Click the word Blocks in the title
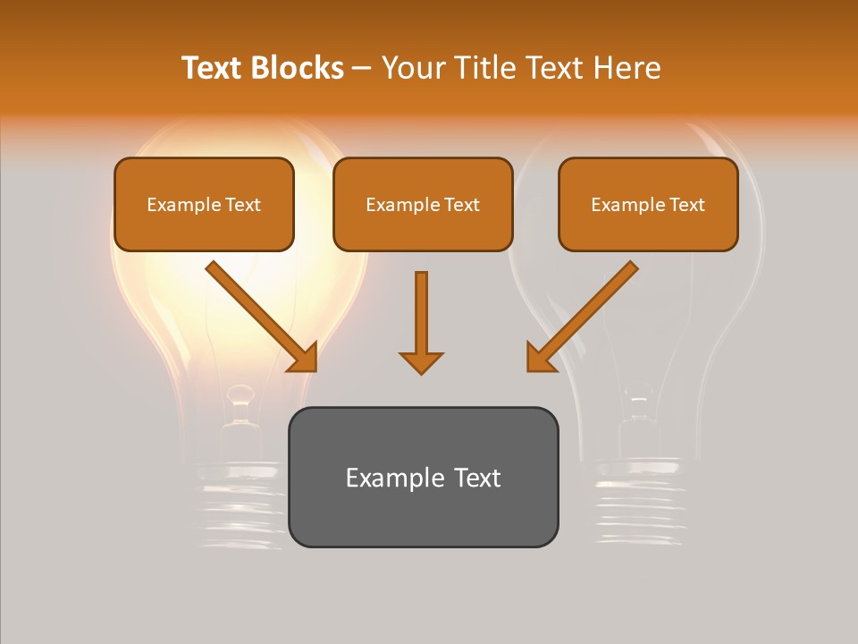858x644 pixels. coord(299,68)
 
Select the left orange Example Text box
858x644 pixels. coord(204,204)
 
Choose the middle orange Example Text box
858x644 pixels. coord(423,204)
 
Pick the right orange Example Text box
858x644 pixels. coord(648,204)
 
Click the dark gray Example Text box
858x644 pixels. coord(423,477)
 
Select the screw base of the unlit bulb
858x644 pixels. coord(639,501)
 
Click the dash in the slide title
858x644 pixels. coord(362,68)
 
